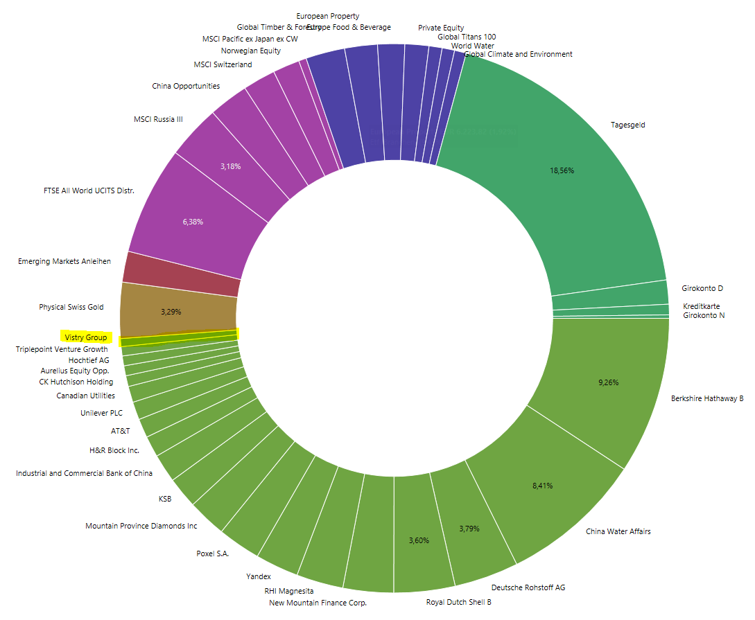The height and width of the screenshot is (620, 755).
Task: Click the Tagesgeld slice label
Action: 628,125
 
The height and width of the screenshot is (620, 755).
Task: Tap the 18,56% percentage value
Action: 562,170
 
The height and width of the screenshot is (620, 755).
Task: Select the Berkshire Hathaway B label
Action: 706,399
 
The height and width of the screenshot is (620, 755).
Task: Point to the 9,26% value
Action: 608,382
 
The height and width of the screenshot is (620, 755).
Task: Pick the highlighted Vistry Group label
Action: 86,337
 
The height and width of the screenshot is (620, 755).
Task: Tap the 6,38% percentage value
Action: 193,222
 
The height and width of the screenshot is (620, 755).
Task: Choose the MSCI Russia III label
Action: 158,119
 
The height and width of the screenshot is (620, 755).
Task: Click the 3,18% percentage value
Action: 230,166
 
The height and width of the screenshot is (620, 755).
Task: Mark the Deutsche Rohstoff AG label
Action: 528,587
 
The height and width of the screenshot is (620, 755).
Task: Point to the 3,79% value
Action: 469,529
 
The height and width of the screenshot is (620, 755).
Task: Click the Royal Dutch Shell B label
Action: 458,602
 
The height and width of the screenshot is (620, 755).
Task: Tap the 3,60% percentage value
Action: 419,540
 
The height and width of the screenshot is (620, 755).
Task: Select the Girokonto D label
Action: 702,288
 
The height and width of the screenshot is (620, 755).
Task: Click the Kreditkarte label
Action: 701,306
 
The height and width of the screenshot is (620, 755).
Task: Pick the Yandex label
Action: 259,576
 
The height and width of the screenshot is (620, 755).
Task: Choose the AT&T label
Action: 121,431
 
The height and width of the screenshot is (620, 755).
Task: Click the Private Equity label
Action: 441,28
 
